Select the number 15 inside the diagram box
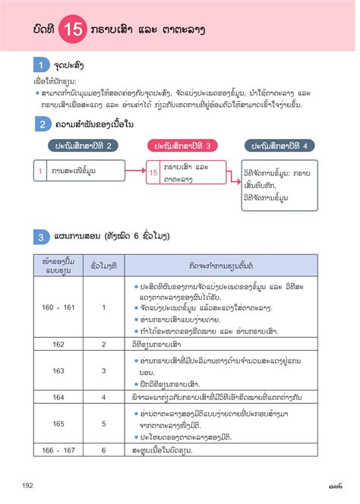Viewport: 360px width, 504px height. click(153, 173)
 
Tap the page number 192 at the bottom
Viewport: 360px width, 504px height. click(28, 486)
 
